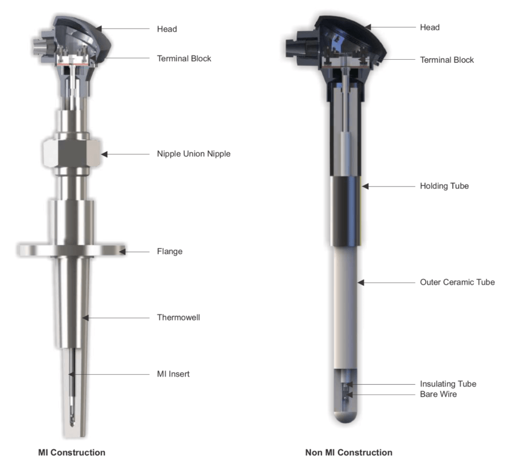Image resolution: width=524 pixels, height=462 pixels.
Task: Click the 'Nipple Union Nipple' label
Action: click(194, 154)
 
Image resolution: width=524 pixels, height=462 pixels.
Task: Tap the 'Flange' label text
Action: click(170, 251)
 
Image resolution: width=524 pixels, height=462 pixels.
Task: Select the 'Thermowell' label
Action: click(179, 317)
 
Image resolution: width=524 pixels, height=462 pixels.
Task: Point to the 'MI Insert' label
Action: click(173, 374)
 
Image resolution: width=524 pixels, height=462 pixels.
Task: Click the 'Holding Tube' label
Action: click(444, 186)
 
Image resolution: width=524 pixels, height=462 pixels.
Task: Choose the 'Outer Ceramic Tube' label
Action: click(457, 282)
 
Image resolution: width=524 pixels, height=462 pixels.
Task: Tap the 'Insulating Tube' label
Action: click(448, 384)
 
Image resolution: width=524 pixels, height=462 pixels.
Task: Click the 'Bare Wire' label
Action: click(438, 394)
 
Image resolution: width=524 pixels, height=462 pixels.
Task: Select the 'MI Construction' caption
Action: click(72, 452)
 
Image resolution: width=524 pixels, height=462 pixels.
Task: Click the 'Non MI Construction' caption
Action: click(348, 452)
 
